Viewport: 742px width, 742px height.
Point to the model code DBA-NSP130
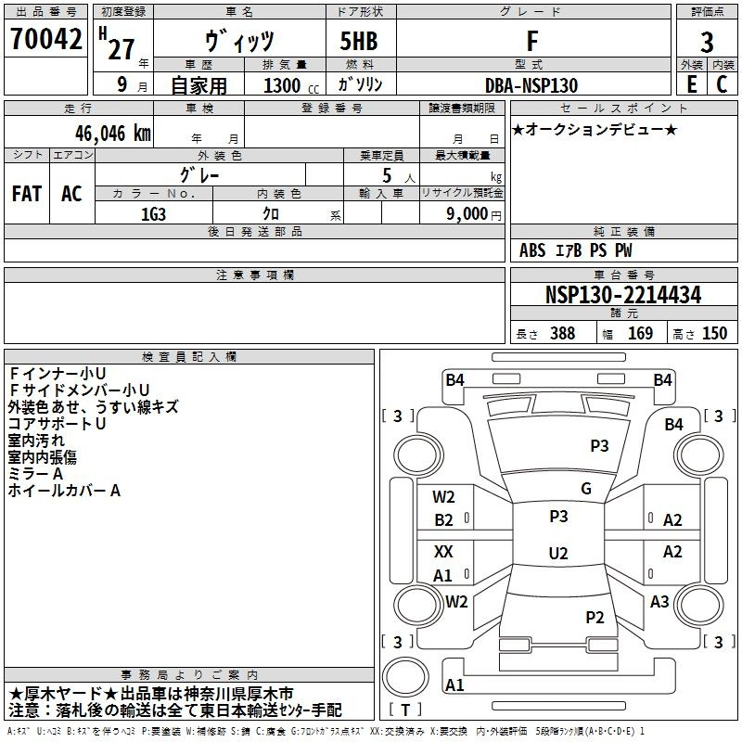point(531,85)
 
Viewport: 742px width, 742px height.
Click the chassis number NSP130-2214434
point(622,295)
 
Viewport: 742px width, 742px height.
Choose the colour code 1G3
point(153,212)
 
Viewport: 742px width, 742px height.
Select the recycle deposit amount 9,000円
point(473,213)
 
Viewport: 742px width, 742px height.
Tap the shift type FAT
point(26,194)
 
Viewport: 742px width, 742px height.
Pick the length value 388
point(562,334)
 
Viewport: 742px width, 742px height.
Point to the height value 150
point(714,334)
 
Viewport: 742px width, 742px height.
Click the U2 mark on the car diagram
point(558,554)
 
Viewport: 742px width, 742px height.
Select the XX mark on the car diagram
point(444,552)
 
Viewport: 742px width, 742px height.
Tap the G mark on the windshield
point(586,489)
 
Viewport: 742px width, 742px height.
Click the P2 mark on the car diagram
point(595,618)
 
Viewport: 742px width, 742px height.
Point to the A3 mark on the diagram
point(659,602)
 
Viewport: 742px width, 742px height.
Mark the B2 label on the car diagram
point(444,520)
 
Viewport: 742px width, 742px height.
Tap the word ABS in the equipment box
point(532,250)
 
